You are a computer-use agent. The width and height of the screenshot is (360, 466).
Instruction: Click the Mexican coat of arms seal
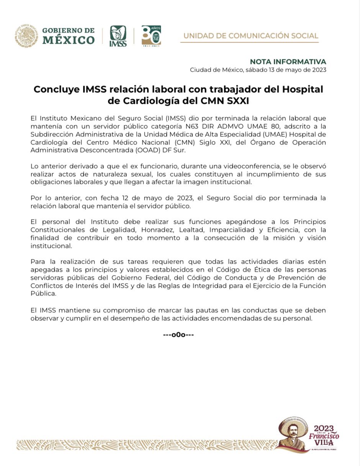(x=26, y=36)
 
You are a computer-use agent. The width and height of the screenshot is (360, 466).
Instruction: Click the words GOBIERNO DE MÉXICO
(x=69, y=36)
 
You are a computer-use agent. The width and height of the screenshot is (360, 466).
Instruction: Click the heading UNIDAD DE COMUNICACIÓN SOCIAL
(x=251, y=36)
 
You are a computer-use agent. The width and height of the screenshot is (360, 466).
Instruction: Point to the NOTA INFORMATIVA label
(x=288, y=62)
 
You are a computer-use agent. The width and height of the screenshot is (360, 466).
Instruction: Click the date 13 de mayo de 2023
(x=299, y=70)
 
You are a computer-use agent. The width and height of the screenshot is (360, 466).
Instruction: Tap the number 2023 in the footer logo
(x=324, y=428)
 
